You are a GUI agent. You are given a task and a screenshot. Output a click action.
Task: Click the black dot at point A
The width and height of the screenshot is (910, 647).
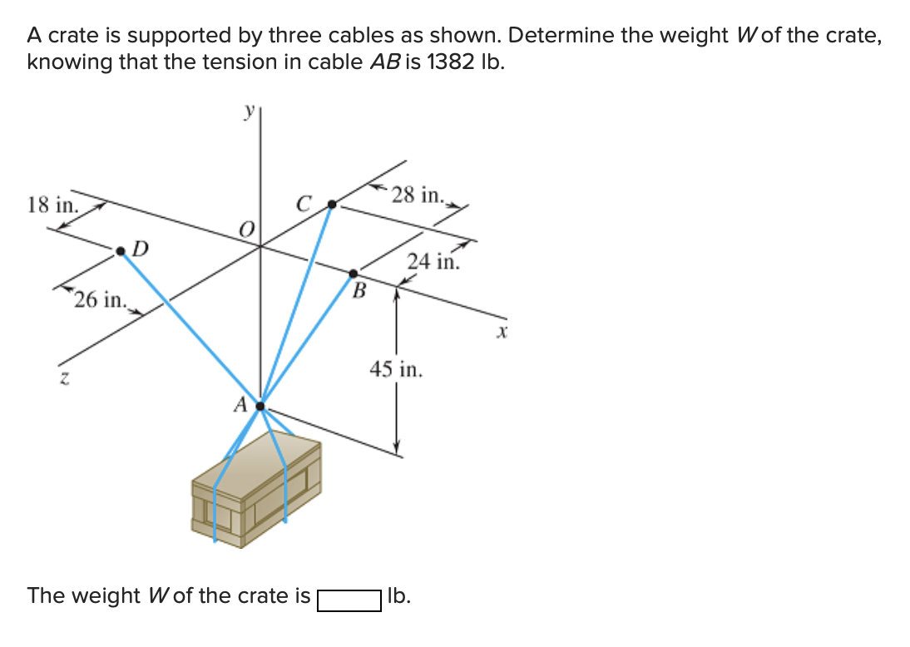coord(260,407)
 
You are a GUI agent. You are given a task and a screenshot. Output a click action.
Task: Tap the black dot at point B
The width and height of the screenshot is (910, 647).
coord(354,273)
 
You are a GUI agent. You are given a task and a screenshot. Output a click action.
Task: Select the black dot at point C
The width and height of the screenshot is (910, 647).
coord(331,204)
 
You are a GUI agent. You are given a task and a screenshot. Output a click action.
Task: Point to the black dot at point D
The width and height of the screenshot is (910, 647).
coord(122,249)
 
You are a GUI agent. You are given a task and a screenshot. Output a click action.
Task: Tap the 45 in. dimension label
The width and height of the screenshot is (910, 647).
coord(396,369)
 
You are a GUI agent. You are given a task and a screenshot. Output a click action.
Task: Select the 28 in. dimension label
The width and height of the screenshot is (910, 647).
coord(419,195)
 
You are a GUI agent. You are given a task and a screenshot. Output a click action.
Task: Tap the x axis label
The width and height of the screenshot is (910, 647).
coord(501,333)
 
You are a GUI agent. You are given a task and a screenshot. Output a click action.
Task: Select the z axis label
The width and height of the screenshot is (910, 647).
coord(62,378)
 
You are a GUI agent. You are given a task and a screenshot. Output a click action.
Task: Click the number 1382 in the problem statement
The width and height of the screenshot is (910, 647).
coord(451,62)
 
